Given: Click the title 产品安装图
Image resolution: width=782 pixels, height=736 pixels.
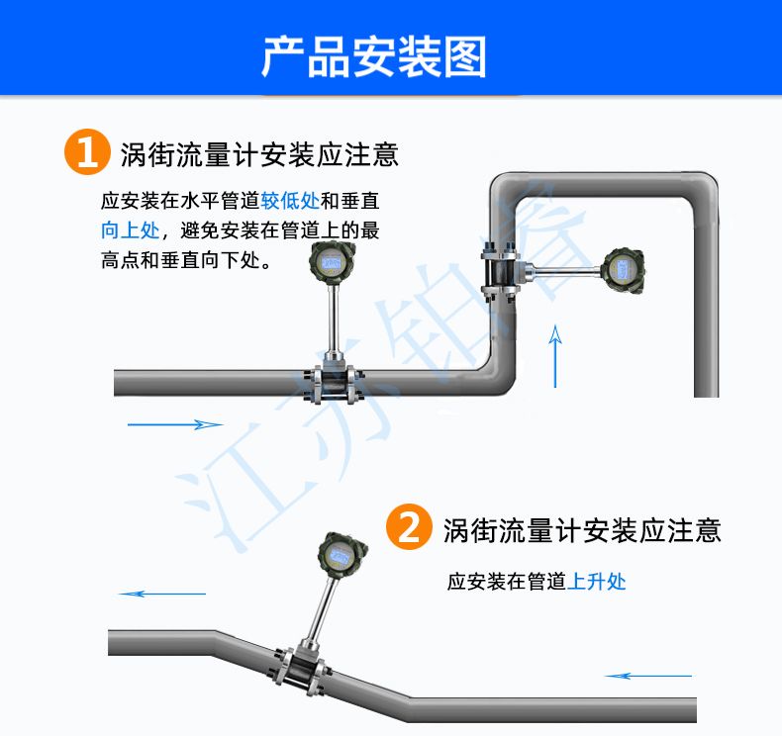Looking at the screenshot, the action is click(x=374, y=56).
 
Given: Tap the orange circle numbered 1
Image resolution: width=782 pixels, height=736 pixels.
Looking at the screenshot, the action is click(x=87, y=152).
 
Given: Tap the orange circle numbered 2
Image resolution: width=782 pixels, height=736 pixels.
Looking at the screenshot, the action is click(x=409, y=526).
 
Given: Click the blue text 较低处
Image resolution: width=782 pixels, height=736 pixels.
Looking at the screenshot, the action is click(x=290, y=201).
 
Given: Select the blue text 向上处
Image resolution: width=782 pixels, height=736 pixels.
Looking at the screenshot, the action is click(x=130, y=230).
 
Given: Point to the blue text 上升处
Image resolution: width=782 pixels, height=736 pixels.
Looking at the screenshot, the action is click(x=597, y=581).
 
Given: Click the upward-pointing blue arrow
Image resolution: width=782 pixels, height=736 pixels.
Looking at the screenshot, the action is click(x=555, y=356).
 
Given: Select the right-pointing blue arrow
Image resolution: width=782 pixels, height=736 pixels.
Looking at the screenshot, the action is click(x=175, y=424).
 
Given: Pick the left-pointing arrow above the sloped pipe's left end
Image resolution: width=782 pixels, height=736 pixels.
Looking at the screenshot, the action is click(x=162, y=594).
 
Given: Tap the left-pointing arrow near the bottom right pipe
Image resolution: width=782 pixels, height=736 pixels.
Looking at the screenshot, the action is click(x=648, y=676).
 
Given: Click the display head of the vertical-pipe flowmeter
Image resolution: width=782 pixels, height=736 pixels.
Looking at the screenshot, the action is click(x=623, y=271).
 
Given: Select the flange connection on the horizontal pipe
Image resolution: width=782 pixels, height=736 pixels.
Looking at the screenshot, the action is click(x=332, y=385).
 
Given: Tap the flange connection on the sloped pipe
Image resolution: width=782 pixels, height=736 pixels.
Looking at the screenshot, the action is click(x=299, y=671).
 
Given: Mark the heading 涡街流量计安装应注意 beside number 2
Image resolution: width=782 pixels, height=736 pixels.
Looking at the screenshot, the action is click(x=582, y=530).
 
